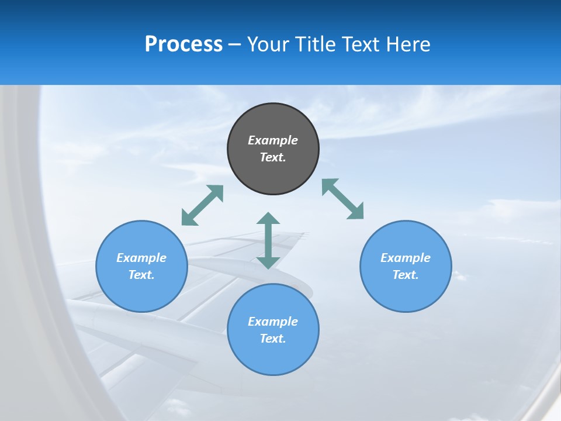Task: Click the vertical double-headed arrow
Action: [268, 240]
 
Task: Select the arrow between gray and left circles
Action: [202, 205]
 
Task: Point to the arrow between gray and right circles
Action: [343, 199]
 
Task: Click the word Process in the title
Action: [183, 44]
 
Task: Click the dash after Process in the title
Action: [234, 44]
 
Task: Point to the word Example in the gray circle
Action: [273, 140]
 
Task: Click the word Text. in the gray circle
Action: [273, 157]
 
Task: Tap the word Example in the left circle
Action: [141, 258]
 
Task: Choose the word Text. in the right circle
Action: [406, 275]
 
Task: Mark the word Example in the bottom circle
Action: [273, 322]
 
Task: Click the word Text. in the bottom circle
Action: [273, 339]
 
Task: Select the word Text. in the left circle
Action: [141, 275]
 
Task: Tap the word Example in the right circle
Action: [406, 258]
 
